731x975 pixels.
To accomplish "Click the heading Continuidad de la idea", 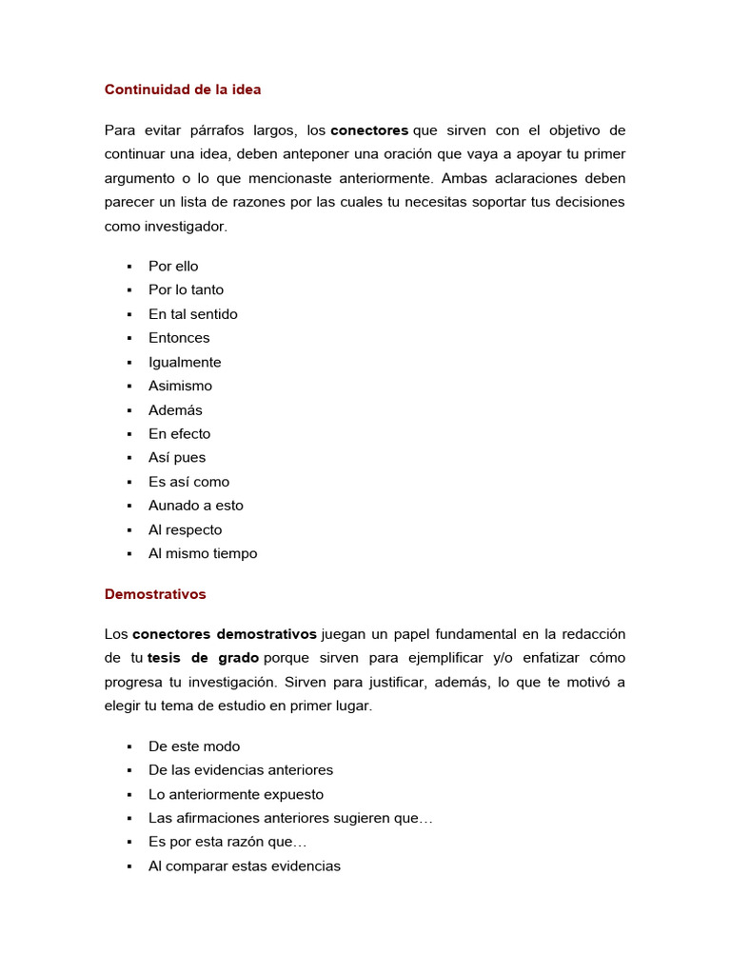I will pyautogui.click(x=182, y=90).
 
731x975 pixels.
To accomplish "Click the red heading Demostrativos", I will pyautogui.click(x=154, y=594).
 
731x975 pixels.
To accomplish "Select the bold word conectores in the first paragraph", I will pyautogui.click(x=369, y=130).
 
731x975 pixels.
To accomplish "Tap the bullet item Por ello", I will pyautogui.click(x=173, y=267).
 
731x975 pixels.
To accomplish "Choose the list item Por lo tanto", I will pyautogui.click(x=186, y=290).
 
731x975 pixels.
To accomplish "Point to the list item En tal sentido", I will pyautogui.click(x=192, y=314).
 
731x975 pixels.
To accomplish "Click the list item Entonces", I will pyautogui.click(x=179, y=338).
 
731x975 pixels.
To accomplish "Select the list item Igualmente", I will pyautogui.click(x=185, y=363).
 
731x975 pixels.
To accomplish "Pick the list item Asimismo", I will pyautogui.click(x=180, y=387).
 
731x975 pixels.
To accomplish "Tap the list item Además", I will pyautogui.click(x=175, y=410).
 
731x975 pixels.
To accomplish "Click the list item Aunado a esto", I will pyautogui.click(x=195, y=506).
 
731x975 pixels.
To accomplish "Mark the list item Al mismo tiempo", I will pyautogui.click(x=203, y=554).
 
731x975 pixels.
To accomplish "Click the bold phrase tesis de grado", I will pyautogui.click(x=203, y=658).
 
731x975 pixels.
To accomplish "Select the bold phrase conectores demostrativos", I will pyautogui.click(x=225, y=634).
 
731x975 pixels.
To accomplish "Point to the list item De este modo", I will pyautogui.click(x=194, y=746).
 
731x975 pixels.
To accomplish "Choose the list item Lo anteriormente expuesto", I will pyautogui.click(x=236, y=794).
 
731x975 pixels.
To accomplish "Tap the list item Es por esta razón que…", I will pyautogui.click(x=227, y=843).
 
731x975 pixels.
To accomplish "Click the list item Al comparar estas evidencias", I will pyautogui.click(x=244, y=866).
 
